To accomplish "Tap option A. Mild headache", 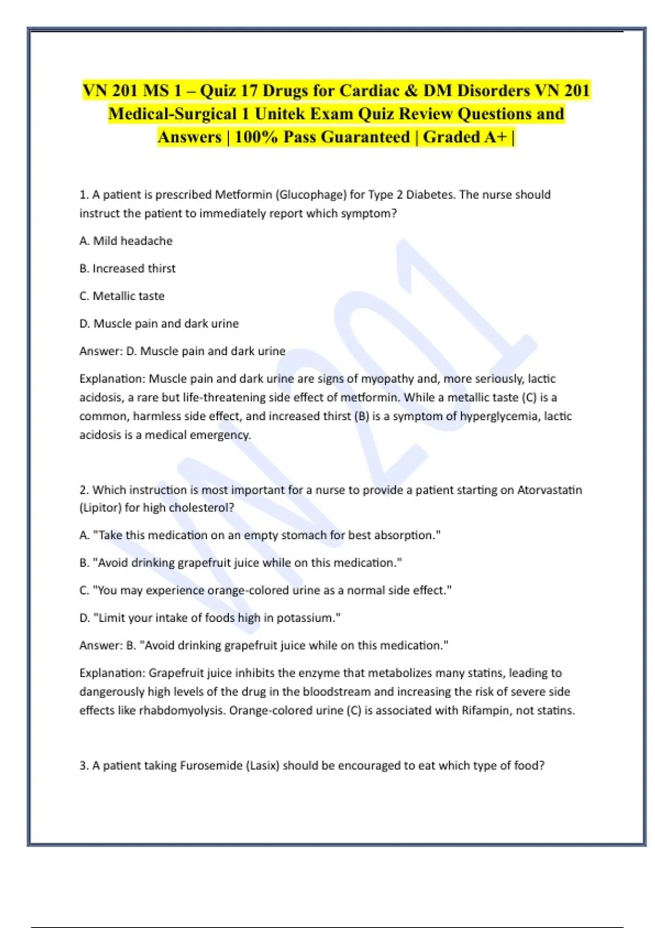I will pos(126,241).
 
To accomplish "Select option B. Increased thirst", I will pos(127,268).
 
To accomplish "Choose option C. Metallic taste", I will pos(122,296).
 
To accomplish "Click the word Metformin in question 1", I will pos(243,195).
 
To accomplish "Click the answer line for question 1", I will pos(182,351).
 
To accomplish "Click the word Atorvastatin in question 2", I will pos(549,490).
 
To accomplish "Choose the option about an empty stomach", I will pos(260,535).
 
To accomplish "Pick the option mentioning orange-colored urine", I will pos(265,590).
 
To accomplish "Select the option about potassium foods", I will pos(210,618).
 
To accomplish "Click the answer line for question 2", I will pos(264,645).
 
